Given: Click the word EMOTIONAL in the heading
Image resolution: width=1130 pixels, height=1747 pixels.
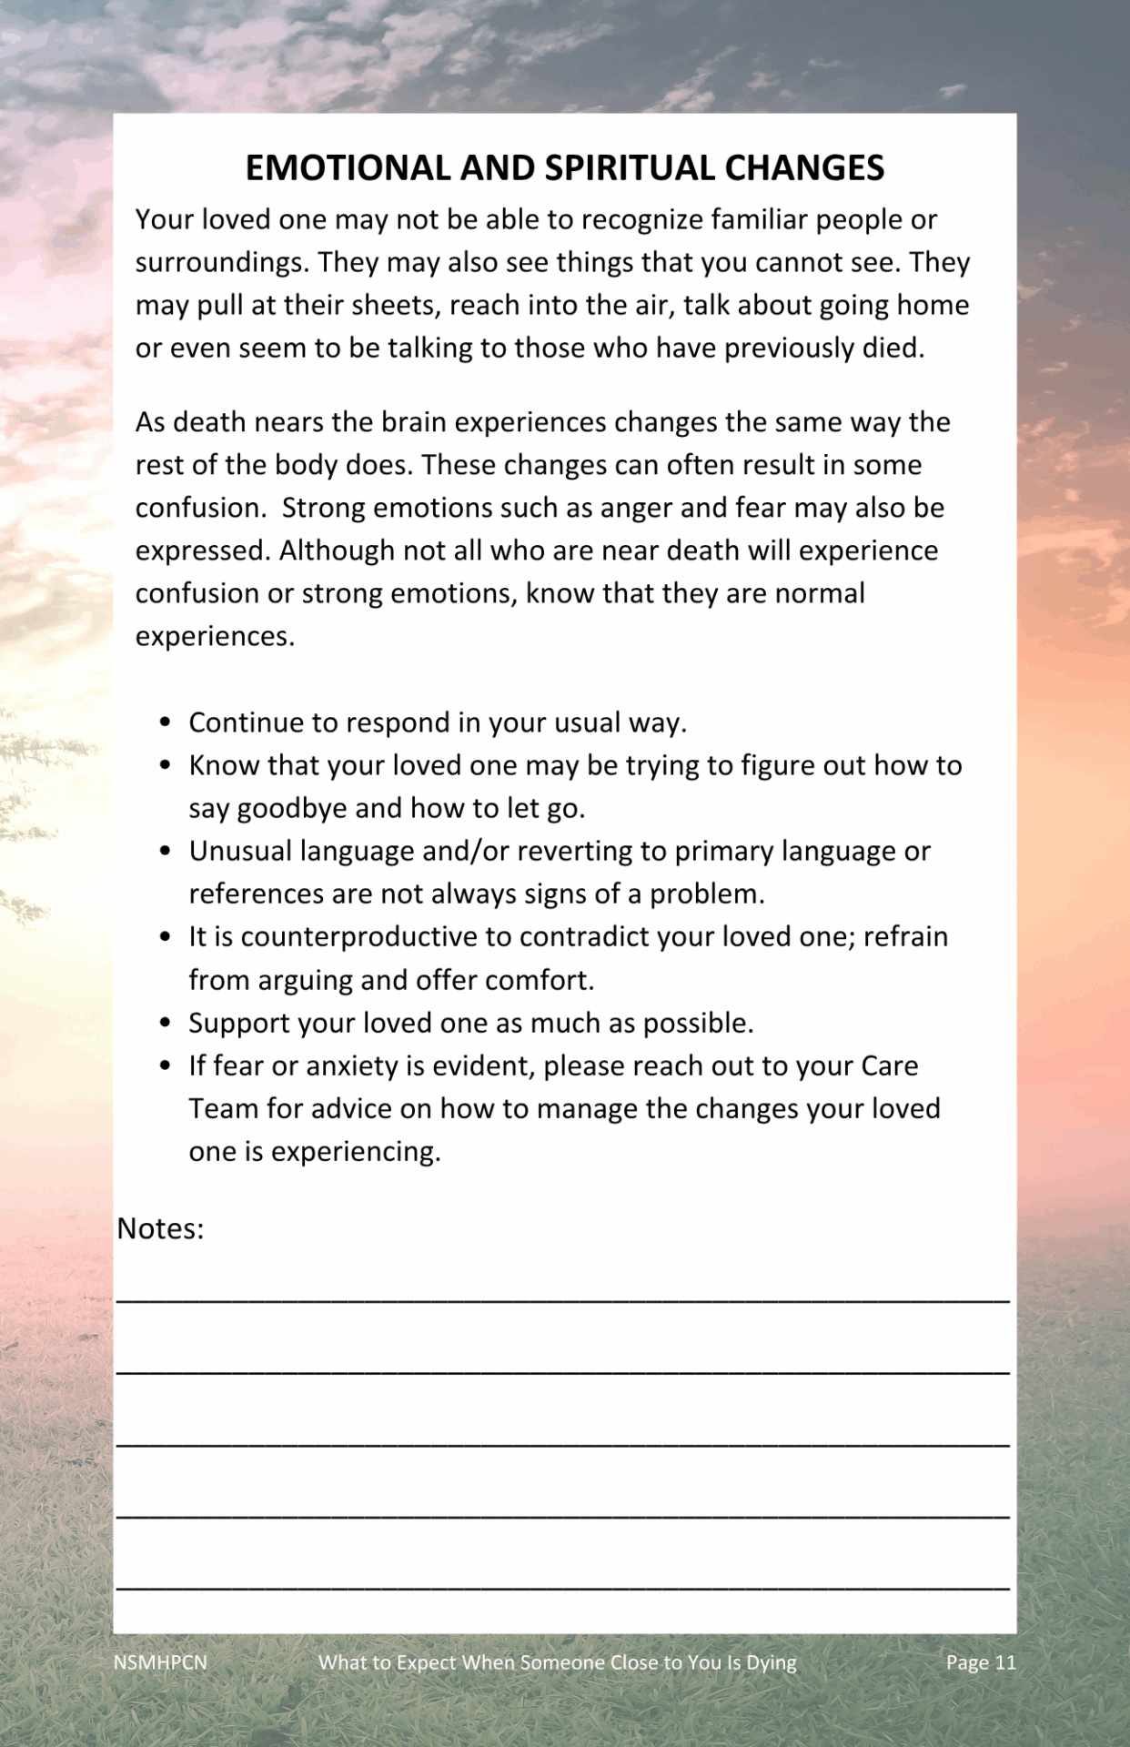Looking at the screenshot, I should click(348, 168).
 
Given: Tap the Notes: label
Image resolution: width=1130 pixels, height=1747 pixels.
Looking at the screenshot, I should click(160, 1228).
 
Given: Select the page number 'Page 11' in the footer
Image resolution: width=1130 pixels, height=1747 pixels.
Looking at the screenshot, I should click(980, 1662).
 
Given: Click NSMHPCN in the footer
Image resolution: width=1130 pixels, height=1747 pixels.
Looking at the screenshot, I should click(160, 1662).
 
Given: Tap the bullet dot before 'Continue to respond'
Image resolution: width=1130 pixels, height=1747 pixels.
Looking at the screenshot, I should click(165, 722).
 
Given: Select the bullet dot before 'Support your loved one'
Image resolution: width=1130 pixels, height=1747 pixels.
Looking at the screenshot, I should click(165, 1023).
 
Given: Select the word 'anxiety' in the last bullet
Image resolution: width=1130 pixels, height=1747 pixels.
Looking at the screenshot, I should click(352, 1065).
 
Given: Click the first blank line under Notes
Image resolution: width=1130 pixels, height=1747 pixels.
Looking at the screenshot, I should click(563, 1299).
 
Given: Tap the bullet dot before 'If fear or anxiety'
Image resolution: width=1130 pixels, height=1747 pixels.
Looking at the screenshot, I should click(165, 1065).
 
